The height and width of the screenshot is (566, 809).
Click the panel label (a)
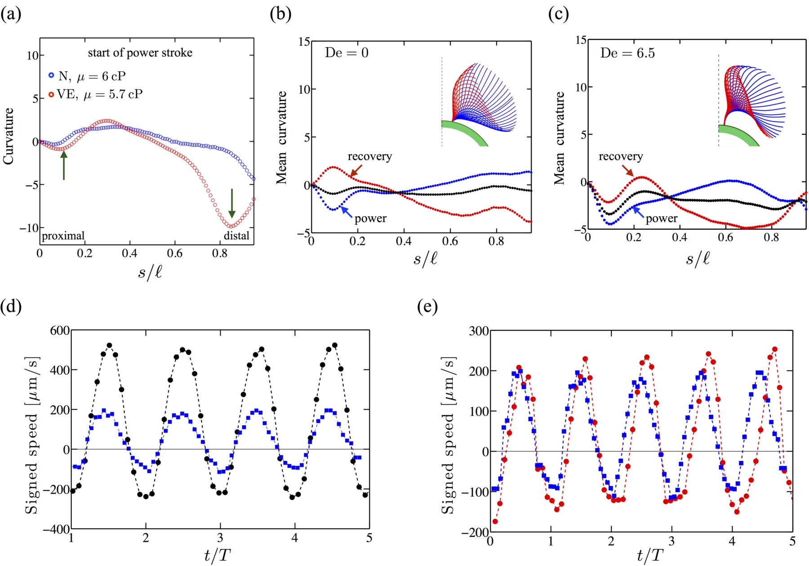(11, 14)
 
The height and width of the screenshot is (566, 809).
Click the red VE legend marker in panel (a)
(51, 94)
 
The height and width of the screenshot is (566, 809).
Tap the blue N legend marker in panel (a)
(51, 76)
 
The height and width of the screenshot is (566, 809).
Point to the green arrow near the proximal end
(64, 165)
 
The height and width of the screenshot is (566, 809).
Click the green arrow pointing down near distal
(232, 203)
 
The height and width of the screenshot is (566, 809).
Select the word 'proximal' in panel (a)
(63, 236)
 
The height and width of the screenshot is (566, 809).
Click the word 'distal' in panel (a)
(236, 236)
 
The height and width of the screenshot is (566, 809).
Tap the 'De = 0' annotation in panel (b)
(347, 53)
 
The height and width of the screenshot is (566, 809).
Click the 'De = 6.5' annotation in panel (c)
(627, 53)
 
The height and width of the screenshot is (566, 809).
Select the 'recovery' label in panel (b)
(369, 156)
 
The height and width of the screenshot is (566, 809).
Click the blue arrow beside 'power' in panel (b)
(346, 211)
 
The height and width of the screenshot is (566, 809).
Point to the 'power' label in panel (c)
(661, 218)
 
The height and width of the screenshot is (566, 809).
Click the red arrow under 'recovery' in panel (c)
(627, 170)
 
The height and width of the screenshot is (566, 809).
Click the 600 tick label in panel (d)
(60, 330)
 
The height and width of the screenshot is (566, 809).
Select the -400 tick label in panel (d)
(56, 529)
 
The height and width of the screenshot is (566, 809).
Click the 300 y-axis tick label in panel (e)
(479, 331)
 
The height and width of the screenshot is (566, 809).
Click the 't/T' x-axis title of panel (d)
(218, 556)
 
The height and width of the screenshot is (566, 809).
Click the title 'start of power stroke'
(140, 53)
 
